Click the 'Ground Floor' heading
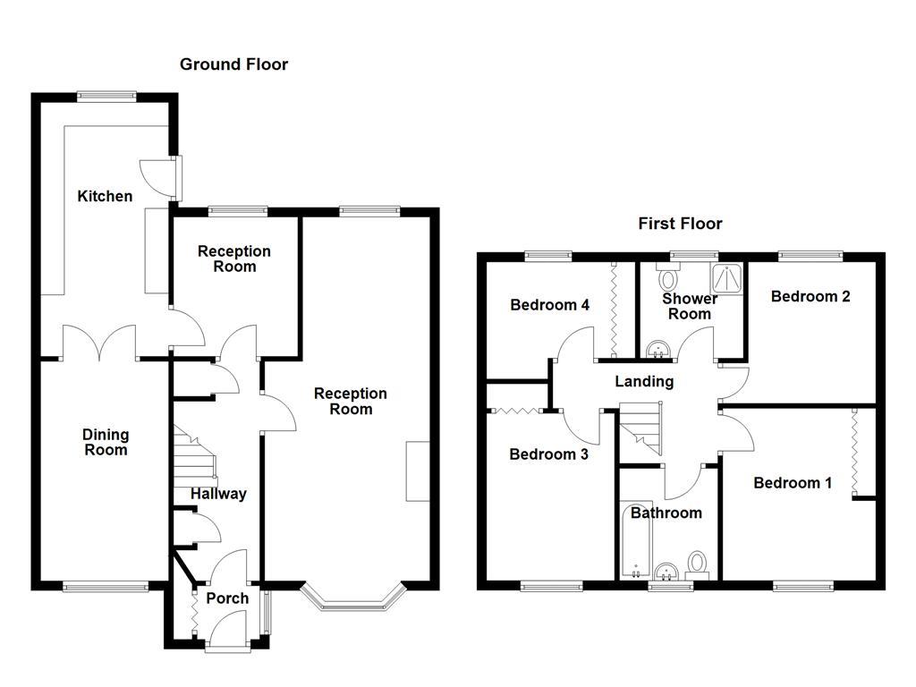(x=233, y=64)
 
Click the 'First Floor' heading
(x=680, y=224)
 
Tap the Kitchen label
(x=105, y=197)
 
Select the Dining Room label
(x=106, y=443)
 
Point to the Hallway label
(x=218, y=494)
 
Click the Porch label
(x=227, y=598)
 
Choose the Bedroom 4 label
(x=549, y=305)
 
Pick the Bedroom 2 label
(x=810, y=297)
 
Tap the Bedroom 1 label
(x=793, y=483)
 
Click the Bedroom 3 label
(x=548, y=454)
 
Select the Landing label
(x=644, y=382)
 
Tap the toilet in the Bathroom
(x=697, y=564)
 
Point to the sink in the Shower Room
(x=658, y=347)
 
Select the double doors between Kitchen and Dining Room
(x=99, y=341)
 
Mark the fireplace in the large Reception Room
(x=416, y=471)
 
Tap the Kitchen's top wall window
(x=106, y=94)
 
